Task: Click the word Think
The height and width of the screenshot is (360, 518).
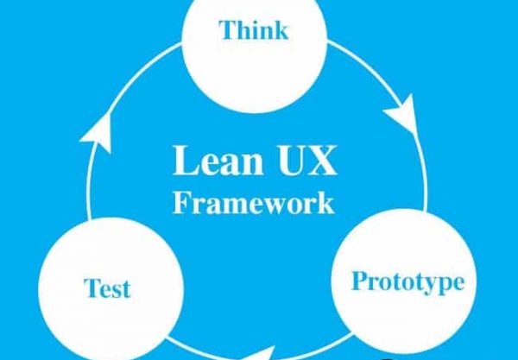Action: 254,30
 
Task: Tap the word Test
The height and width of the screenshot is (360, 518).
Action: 107,288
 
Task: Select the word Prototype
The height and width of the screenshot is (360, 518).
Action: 408,282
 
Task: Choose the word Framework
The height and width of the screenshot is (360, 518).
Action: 253,203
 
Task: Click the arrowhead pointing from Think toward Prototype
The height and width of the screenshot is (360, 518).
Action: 401,113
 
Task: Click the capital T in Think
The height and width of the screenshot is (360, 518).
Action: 229,30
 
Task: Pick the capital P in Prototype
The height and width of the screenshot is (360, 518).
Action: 360,281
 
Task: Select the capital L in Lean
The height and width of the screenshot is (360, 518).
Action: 186,161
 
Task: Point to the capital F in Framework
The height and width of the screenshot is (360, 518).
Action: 181,202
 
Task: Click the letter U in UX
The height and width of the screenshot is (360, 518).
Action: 291,161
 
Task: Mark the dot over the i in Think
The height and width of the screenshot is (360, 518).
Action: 256,22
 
